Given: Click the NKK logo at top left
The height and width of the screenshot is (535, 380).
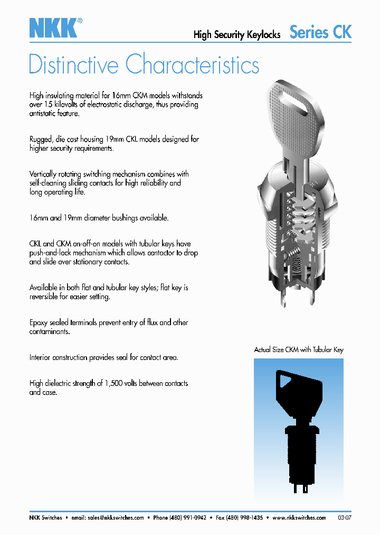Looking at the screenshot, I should pos(53,27).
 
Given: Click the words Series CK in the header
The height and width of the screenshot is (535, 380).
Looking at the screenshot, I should pos(320,32).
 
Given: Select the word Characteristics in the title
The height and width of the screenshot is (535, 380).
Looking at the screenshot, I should pos(193,65).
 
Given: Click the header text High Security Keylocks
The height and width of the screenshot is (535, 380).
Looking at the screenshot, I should pos(237,35).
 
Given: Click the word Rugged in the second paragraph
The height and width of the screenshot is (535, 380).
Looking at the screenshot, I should pos(41,140).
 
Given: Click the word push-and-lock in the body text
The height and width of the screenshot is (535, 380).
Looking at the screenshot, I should pos(53,253).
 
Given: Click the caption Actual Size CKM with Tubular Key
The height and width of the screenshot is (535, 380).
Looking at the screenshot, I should pos(299,350).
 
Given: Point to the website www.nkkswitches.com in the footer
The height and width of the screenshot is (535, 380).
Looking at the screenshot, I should pos(299,518).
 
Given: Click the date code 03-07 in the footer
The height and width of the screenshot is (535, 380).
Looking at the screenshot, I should pos(344,518).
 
